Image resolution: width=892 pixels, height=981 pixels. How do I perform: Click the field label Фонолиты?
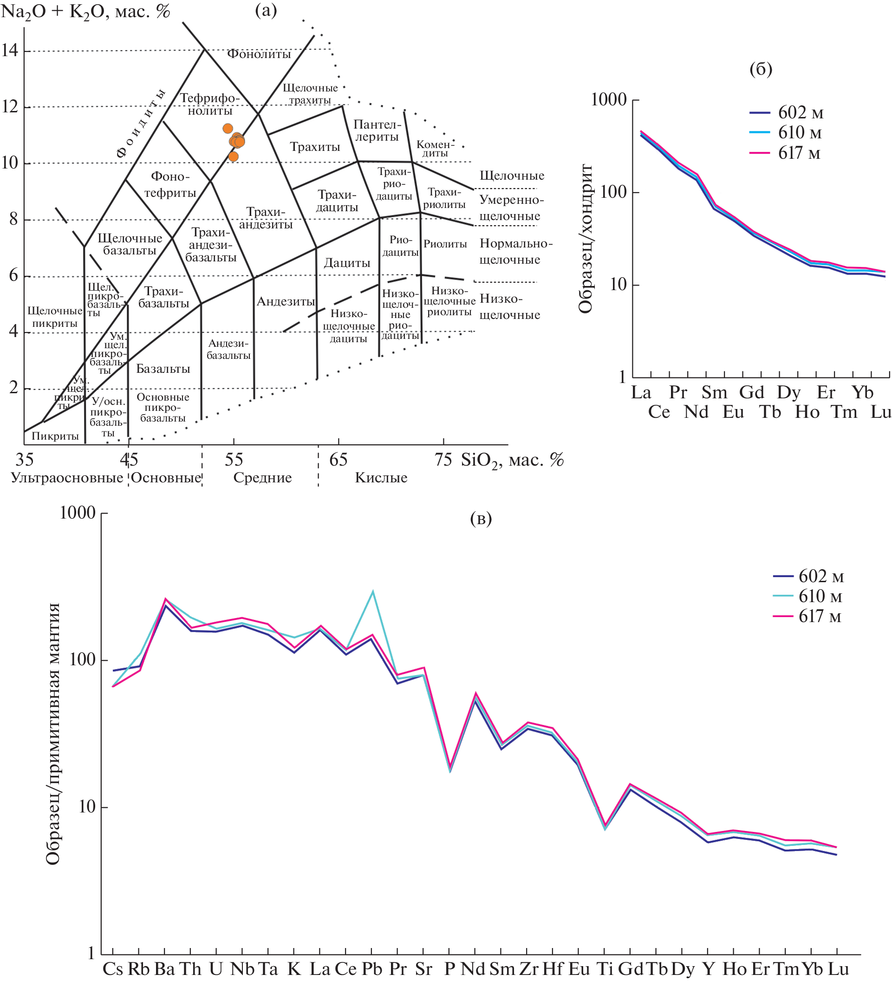tap(259, 53)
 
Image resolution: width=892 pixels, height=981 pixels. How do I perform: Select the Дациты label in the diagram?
tap(347, 263)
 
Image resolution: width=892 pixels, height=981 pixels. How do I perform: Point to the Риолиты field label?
tap(445, 244)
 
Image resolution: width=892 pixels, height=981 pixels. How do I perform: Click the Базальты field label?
tap(163, 368)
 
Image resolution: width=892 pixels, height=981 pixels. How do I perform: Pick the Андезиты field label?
tap(286, 301)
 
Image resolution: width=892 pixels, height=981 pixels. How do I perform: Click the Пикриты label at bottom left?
tap(55, 435)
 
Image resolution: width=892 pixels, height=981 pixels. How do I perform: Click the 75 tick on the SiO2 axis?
tap(443, 459)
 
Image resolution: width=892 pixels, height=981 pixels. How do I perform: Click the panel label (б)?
tap(761, 69)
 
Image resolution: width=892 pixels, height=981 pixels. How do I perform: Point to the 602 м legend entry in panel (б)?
tap(800, 112)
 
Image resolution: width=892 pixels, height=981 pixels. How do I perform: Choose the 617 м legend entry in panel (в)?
tap(820, 616)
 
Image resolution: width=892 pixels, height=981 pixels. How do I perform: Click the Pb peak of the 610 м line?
tap(373, 592)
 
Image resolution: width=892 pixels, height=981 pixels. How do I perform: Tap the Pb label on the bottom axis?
tap(372, 968)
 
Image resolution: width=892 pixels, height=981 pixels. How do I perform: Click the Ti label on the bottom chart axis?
tap(605, 968)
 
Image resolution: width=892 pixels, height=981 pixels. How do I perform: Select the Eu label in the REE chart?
tap(733, 412)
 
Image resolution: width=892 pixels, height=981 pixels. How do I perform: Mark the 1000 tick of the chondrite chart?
tap(608, 100)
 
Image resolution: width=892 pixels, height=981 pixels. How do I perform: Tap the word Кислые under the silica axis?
tap(381, 477)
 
